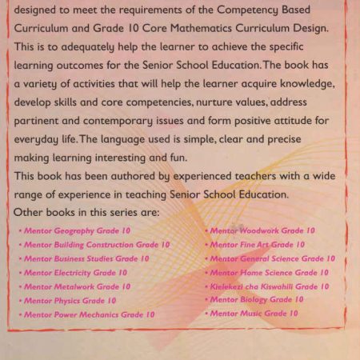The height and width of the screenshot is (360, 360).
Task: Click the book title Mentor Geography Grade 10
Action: click(x=74, y=230)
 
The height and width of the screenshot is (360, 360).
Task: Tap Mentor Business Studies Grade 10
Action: click(x=86, y=258)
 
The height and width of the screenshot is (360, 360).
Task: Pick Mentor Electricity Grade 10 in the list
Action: click(x=76, y=273)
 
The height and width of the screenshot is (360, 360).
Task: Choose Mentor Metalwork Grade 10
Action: click(x=77, y=286)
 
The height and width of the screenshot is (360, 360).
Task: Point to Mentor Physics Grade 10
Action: click(x=70, y=301)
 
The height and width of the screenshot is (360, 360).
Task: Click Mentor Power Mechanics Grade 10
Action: click(x=90, y=314)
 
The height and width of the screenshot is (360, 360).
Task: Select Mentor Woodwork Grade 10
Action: click(x=262, y=230)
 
